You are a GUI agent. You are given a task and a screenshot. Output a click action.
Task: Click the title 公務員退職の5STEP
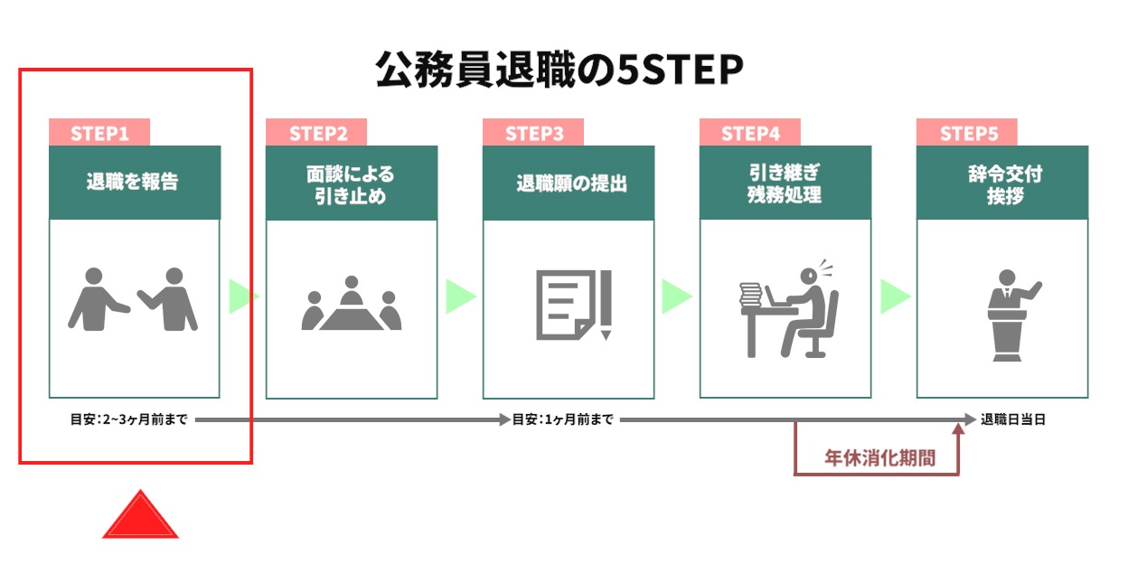pyautogui.click(x=559, y=69)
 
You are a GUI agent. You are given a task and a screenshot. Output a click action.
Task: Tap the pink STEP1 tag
pyautogui.click(x=99, y=132)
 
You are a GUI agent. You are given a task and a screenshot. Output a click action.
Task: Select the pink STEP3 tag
pyautogui.click(x=533, y=132)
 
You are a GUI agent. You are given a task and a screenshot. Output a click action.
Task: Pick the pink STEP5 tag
pyautogui.click(x=967, y=132)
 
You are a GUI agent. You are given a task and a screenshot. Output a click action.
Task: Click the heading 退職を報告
pyautogui.click(x=133, y=182)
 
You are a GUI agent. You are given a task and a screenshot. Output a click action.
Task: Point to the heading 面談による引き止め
pyautogui.click(x=351, y=184)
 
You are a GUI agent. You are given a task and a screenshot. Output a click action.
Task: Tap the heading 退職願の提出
pyautogui.click(x=572, y=183)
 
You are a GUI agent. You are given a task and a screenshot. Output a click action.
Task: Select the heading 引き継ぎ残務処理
pyautogui.click(x=785, y=183)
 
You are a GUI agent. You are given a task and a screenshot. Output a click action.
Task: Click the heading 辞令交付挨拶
pyautogui.click(x=1005, y=184)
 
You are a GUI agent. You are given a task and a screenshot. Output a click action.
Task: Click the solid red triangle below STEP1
pyautogui.click(x=140, y=514)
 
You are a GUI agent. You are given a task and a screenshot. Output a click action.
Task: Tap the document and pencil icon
pyautogui.click(x=574, y=306)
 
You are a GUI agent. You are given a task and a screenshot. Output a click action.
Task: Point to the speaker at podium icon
pyautogui.click(x=1012, y=315)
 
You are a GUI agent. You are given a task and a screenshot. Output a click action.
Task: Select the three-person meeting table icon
pyautogui.click(x=352, y=303)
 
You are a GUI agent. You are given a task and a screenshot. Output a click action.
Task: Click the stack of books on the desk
pyautogui.click(x=750, y=294)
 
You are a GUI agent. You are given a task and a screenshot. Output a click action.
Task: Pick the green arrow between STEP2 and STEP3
pyautogui.click(x=461, y=296)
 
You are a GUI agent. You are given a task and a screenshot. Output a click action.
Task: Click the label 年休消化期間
pyautogui.click(x=879, y=458)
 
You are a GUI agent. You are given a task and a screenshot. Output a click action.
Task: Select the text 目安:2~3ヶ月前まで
pyautogui.click(x=128, y=419)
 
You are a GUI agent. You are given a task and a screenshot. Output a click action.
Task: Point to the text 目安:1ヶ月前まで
pyautogui.click(x=562, y=419)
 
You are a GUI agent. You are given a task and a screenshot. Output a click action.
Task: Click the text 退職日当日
pyautogui.click(x=1012, y=419)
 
